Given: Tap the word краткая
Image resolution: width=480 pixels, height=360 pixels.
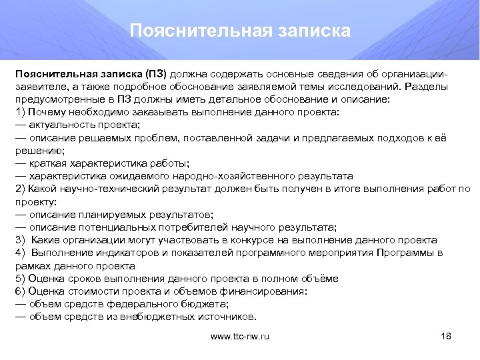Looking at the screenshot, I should tap(49, 163).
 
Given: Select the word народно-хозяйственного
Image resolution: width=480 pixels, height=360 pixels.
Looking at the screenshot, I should tap(227, 176).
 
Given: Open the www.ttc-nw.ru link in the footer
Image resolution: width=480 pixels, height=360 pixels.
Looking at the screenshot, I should tap(239, 337).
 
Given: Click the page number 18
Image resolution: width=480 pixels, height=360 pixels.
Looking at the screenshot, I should tap(446, 337).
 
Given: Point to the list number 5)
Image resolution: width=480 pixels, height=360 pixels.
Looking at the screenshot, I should tap(19, 278).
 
